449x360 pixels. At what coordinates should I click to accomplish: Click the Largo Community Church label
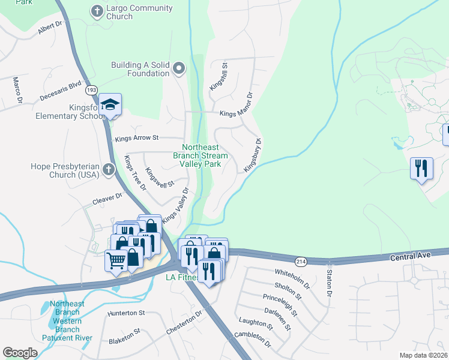[139, 13]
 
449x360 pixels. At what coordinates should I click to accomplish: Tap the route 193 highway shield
[91, 89]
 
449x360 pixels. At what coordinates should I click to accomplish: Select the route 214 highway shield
[301, 261]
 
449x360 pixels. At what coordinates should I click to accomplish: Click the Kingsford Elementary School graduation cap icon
[110, 104]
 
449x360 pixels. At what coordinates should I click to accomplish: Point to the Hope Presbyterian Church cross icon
[109, 169]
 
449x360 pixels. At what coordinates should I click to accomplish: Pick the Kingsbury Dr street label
[253, 156]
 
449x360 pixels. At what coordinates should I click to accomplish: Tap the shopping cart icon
[115, 260]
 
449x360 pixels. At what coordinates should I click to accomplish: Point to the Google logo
[20, 353]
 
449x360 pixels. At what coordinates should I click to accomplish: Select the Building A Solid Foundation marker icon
[178, 69]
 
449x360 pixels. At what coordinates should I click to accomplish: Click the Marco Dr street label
[17, 90]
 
